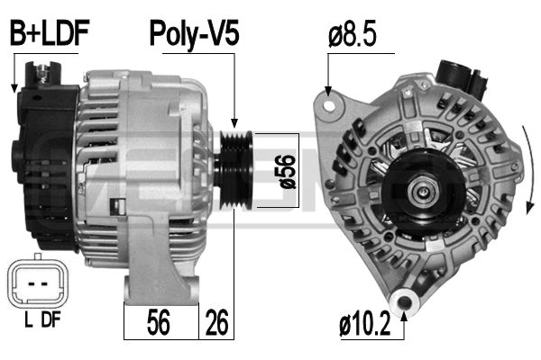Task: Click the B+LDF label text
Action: pyautogui.click(x=49, y=35)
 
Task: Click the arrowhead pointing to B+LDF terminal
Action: pyautogui.click(x=14, y=87)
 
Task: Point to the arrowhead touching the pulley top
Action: pyautogui.click(x=235, y=125)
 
